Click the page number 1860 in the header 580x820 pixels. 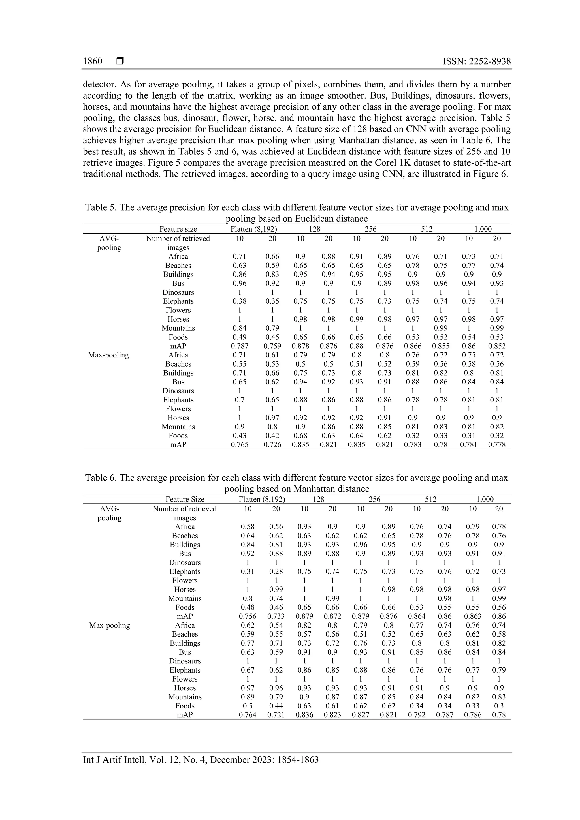pyautogui.click(x=92, y=61)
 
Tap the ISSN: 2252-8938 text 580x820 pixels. pyautogui.click(x=476, y=61)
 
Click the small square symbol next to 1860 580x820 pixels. pyautogui.click(x=120, y=61)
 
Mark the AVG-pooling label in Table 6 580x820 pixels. pyautogui.click(x=109, y=513)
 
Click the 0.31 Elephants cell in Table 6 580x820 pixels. pyautogui.click(x=247, y=571)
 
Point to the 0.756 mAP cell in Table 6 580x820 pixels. pyautogui.click(x=247, y=616)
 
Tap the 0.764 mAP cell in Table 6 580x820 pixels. pyautogui.click(x=247, y=715)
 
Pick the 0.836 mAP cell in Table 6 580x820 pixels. pyautogui.click(x=304, y=715)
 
